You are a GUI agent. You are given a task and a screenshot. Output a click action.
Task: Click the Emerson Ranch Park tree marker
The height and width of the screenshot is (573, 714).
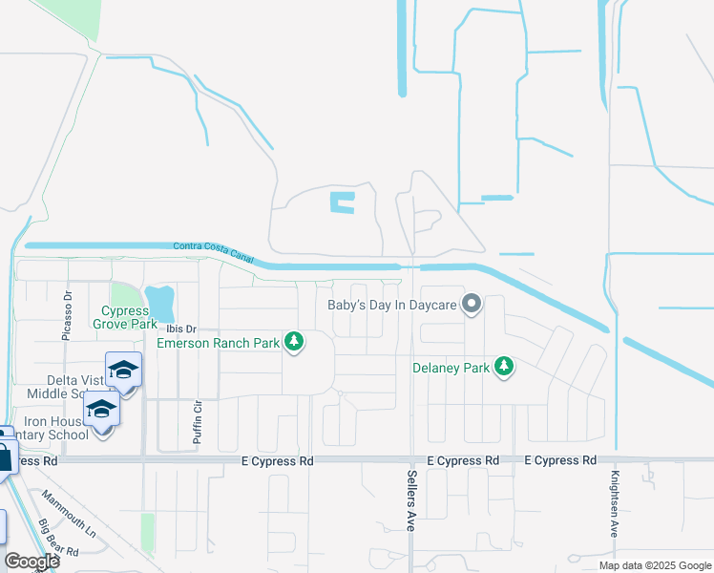tap(294, 342)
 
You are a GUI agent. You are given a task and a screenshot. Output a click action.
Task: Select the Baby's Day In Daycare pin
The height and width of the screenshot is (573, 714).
tap(471, 305)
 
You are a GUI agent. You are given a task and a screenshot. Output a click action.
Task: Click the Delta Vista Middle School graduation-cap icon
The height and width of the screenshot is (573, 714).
tap(123, 371)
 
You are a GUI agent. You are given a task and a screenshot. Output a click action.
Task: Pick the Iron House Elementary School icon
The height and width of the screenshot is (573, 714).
tap(100, 411)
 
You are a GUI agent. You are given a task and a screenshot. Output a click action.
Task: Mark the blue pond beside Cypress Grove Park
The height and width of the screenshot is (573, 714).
tap(160, 303)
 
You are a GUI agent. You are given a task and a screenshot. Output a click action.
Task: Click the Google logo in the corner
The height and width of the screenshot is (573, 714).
tap(32, 562)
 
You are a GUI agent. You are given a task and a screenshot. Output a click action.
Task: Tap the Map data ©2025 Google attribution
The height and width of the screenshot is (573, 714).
tap(654, 565)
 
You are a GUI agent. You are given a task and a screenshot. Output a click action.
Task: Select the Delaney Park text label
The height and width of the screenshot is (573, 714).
tap(451, 367)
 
